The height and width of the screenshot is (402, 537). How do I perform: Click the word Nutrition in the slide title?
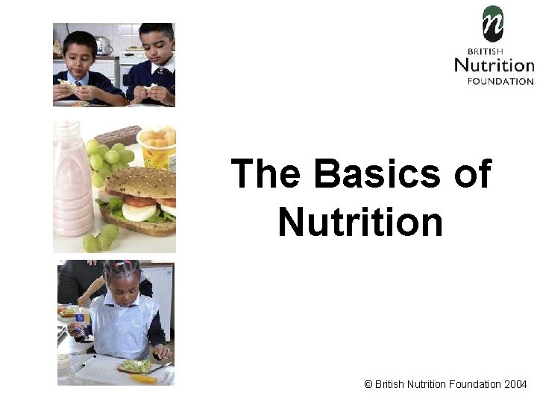tap(360, 221)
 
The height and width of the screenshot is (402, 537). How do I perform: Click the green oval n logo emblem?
tap(492, 24)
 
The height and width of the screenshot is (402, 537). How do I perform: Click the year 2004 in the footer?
tap(515, 384)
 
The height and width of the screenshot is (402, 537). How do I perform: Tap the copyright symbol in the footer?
tap(368, 384)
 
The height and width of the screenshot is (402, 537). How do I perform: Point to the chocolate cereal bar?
tap(118, 136)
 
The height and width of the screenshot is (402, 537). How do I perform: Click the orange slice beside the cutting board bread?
tap(143, 378)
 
